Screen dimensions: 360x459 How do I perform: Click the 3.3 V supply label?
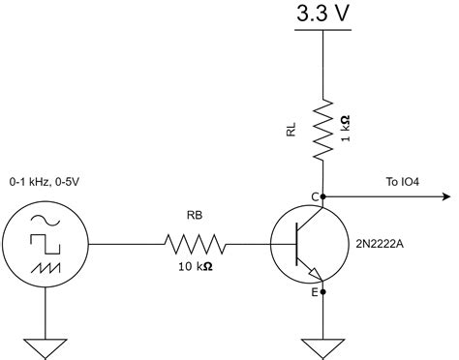(321, 15)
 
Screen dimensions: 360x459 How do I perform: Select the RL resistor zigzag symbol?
(322, 126)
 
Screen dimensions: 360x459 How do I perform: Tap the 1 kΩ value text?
(346, 129)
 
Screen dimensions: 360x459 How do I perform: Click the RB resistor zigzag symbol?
(196, 243)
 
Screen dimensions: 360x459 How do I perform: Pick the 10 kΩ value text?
(194, 267)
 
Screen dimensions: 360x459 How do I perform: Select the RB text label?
(194, 218)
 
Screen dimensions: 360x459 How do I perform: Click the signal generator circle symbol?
(46, 243)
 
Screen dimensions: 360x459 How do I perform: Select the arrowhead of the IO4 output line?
(444, 196)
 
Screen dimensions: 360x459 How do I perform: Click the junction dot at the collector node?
(322, 196)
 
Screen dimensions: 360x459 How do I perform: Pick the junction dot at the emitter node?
(322, 289)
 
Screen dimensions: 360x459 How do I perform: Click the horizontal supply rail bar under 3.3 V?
(321, 31)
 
